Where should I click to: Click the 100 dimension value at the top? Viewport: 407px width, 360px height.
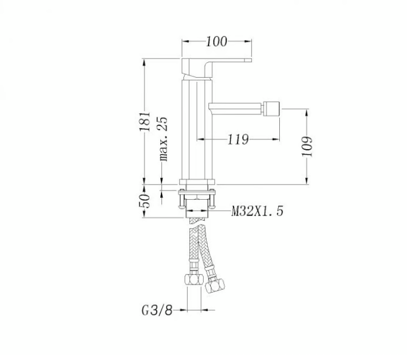(x=217, y=41)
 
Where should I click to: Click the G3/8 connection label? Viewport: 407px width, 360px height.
(x=157, y=310)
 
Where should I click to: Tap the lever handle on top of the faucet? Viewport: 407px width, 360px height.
(x=221, y=62)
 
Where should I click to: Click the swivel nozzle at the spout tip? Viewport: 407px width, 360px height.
(x=271, y=107)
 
